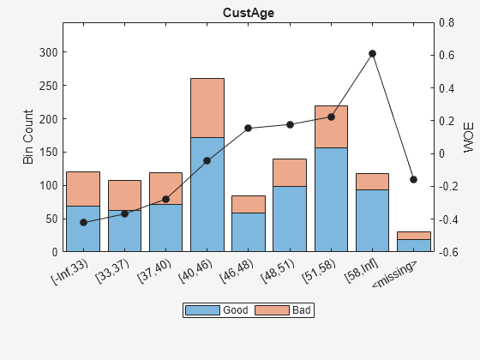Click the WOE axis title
[468, 137]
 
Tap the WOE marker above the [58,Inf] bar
[372, 54]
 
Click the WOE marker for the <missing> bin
[413, 179]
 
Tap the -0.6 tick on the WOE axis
[448, 252]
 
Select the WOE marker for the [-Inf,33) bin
[83, 223]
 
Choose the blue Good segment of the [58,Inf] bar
[372, 220]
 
